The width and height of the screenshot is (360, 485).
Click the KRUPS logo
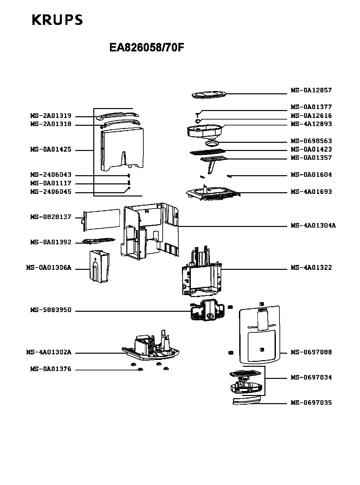click(57, 20)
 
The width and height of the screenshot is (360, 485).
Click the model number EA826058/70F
click(147, 48)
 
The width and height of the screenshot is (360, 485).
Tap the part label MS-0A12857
click(311, 90)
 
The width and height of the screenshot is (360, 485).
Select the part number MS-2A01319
click(51, 116)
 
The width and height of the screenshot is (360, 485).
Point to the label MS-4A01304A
click(313, 225)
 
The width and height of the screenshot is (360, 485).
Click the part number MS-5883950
click(51, 310)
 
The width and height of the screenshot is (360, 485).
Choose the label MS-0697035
click(311, 402)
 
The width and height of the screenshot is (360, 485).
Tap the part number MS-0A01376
click(51, 369)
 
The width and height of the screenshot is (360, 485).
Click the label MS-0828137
click(51, 217)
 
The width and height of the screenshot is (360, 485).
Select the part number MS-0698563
click(311, 141)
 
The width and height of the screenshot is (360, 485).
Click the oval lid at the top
click(208, 95)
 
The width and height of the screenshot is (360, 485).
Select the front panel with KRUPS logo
click(260, 334)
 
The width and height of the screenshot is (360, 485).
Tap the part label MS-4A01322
click(311, 268)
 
